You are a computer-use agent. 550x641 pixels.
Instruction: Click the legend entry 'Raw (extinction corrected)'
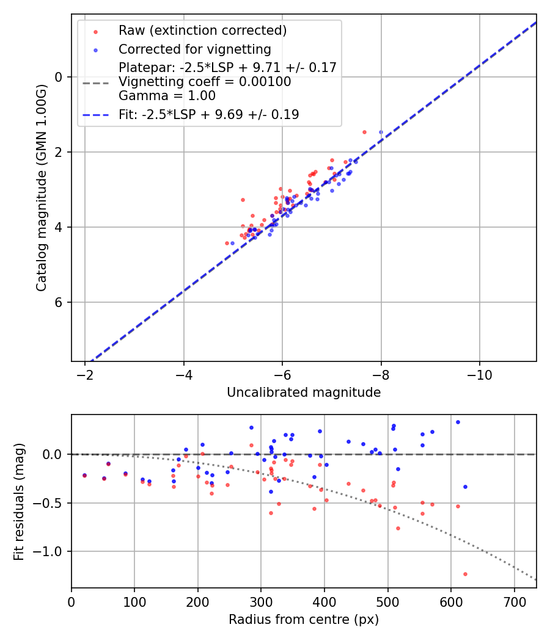[x=202, y=31]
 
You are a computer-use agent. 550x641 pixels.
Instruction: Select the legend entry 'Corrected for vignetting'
[x=194, y=49]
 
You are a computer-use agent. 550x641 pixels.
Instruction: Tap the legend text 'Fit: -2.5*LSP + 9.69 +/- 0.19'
[x=208, y=114]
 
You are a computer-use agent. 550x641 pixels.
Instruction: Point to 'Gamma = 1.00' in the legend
[x=167, y=96]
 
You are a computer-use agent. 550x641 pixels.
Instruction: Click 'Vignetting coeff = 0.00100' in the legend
[x=205, y=82]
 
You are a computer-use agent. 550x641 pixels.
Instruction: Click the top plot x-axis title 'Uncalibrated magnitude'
[x=304, y=393]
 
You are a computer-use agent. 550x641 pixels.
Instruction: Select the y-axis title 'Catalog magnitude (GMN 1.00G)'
[x=41, y=187]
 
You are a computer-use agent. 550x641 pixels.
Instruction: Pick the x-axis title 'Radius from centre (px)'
[x=304, y=620]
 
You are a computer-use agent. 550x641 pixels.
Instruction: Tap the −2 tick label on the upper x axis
[x=86, y=374]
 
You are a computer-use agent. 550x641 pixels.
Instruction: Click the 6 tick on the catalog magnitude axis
[x=59, y=302]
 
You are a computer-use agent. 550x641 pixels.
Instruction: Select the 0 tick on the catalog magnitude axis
[x=59, y=77]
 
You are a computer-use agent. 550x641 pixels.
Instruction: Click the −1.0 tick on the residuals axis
[x=50, y=551]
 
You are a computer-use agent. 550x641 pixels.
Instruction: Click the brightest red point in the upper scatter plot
[x=364, y=132]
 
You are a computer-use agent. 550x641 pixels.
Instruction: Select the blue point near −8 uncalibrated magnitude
[x=381, y=132]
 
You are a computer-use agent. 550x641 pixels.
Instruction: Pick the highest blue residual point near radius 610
[x=458, y=422]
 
